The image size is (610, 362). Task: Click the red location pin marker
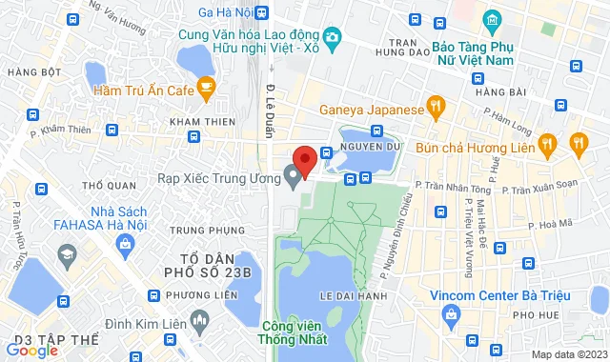click(304, 160)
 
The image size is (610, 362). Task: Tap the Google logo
click(31, 351)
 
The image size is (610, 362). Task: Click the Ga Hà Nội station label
click(226, 12)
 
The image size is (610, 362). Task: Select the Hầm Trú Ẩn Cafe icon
click(205, 90)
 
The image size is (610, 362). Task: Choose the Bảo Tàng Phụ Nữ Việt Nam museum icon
click(491, 20)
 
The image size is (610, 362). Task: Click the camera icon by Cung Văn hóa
click(332, 37)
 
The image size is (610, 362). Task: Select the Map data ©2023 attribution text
click(567, 354)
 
